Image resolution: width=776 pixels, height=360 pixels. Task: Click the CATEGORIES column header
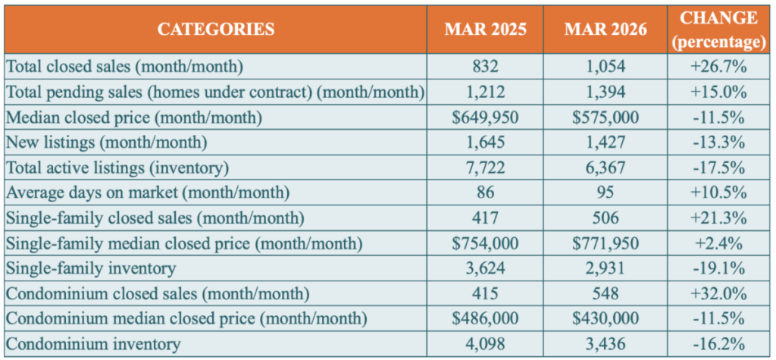(216, 30)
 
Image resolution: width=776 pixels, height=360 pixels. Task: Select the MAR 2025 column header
(486, 30)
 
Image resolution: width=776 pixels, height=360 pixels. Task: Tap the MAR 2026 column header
(605, 30)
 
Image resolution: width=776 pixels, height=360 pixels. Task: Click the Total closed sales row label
(124, 66)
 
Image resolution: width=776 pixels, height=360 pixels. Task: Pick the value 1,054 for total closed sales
(605, 66)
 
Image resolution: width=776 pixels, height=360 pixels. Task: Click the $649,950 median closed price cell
(486, 117)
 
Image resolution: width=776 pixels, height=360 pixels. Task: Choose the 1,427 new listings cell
(605, 142)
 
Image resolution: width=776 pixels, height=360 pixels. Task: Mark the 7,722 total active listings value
(486, 167)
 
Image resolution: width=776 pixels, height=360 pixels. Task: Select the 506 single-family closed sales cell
(605, 218)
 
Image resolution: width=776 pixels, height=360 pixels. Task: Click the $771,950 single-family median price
(605, 243)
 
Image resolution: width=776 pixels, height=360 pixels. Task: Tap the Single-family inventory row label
(90, 268)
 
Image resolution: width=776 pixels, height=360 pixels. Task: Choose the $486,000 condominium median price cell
(486, 318)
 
